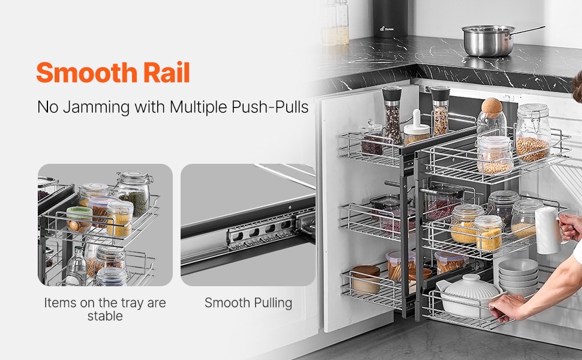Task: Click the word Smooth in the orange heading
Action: pos(86,72)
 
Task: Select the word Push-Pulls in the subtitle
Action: pos(270,107)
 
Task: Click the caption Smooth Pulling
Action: pos(248,303)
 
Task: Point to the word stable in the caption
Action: pos(105,316)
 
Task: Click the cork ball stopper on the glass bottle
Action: pos(491,107)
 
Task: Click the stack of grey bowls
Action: pos(517,277)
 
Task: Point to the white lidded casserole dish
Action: pos(467,295)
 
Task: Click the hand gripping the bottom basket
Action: pos(504,308)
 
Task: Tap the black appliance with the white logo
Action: pos(391,18)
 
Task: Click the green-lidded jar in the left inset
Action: pos(79,220)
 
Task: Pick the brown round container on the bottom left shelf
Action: pos(366,280)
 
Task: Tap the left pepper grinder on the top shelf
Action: pos(392,115)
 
